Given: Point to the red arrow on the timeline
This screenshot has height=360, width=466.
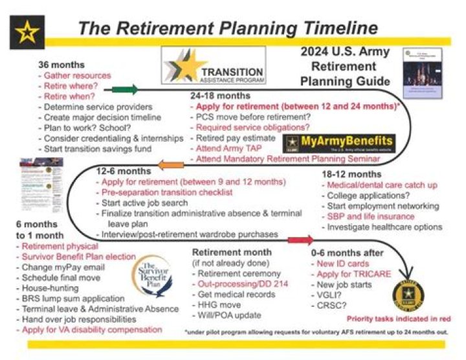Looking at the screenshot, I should coord(300,240).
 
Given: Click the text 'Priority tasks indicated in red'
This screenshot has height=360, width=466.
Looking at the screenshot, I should coord(399,318).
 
